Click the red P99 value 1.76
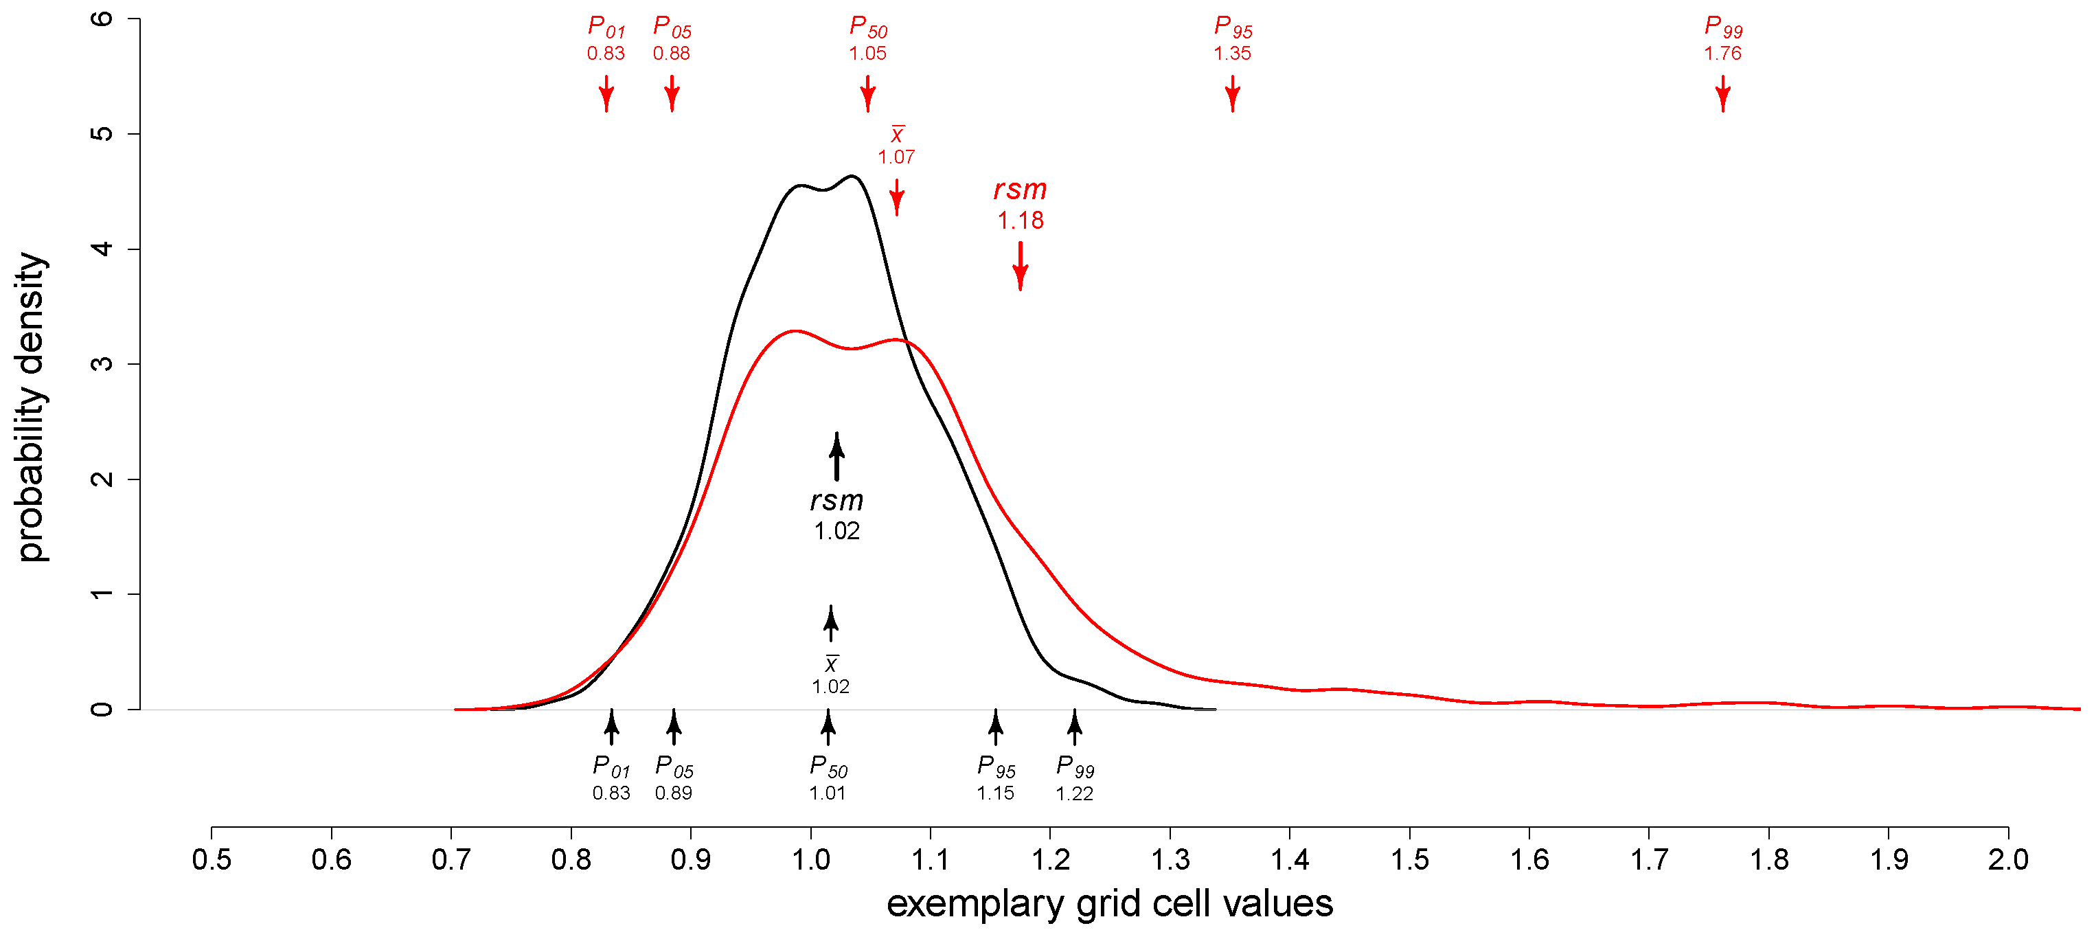1722,54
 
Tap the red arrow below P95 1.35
1232,93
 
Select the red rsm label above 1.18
1020,190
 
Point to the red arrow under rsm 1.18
1020,266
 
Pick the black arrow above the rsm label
836,457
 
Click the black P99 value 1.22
1074,793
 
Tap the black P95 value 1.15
995,793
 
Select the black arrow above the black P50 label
828,727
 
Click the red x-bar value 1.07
896,157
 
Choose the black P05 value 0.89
673,793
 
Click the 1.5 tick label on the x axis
1409,860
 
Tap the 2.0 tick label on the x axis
2007,860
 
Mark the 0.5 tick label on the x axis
212,860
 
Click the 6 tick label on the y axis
102,18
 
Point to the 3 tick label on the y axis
102,364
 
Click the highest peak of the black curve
852,176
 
